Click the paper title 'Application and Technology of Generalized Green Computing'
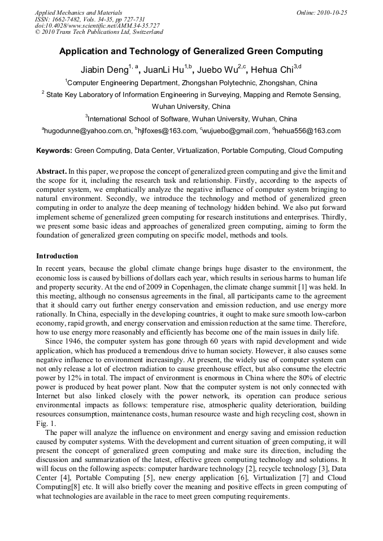click(191, 51)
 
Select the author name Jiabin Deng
click(103, 70)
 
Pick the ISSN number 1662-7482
click(69, 19)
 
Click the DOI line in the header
click(97, 25)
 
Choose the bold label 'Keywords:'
click(54, 151)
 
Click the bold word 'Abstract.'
click(51, 171)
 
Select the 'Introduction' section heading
click(57, 256)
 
